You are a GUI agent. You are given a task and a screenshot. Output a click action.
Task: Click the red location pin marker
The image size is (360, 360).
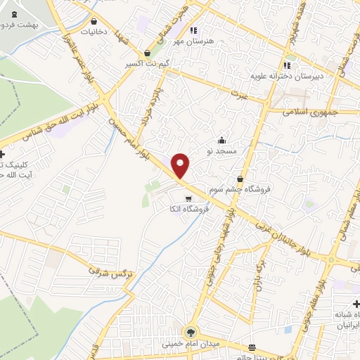pyautogui.click(x=181, y=165)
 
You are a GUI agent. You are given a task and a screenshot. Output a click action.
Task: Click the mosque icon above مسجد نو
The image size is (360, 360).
pyautogui.click(x=222, y=139)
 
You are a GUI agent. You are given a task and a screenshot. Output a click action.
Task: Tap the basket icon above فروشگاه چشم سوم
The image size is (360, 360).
pyautogui.click(x=240, y=179)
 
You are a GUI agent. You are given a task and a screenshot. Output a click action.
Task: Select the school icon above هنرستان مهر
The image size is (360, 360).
pyautogui.click(x=194, y=30)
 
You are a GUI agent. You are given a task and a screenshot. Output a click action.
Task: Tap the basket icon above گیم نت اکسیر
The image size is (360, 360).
pyautogui.click(x=147, y=53)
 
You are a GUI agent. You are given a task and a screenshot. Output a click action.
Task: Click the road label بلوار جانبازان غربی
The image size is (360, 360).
pyautogui.click(x=274, y=229)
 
